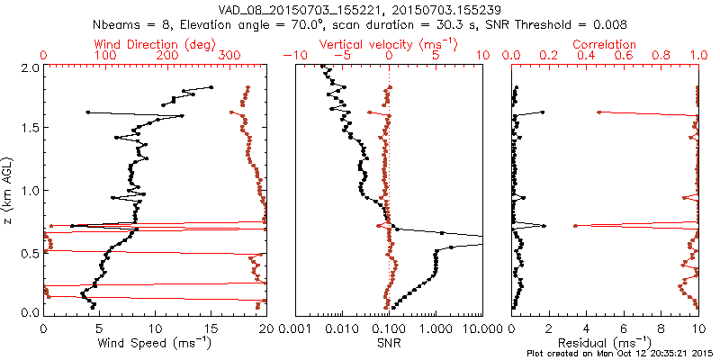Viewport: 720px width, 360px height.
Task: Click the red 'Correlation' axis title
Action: [x=606, y=43]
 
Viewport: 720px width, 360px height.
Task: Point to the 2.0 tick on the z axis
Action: [x=30, y=67]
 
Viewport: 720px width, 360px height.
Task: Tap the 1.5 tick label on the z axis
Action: [x=30, y=129]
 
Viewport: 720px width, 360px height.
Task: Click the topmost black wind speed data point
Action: [x=211, y=87]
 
